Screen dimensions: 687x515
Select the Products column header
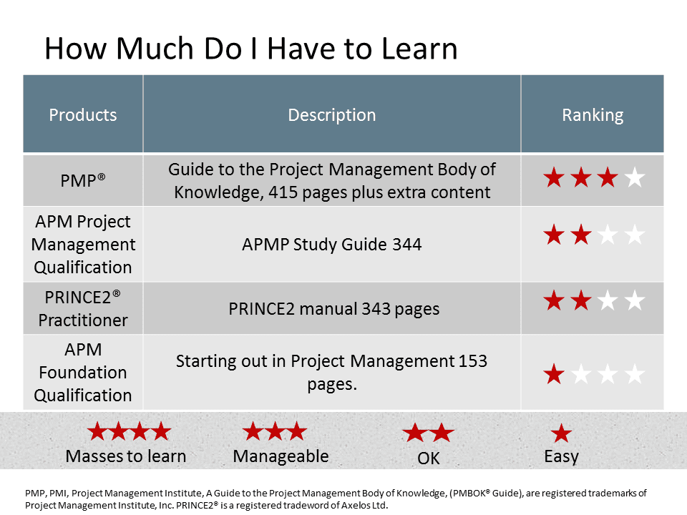[83, 114]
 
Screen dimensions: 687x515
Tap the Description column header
[331, 114]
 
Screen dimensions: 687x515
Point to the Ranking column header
[593, 114]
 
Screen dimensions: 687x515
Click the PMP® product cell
[83, 180]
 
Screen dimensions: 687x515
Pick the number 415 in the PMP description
[283, 192]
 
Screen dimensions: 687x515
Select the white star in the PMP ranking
[635, 178]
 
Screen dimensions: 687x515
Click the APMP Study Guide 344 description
[331, 244]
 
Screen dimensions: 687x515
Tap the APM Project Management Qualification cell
[83, 244]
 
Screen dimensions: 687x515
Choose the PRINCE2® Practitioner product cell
[83, 308]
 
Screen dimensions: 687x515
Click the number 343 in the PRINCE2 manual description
[376, 309]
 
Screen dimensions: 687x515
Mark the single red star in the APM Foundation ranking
[554, 374]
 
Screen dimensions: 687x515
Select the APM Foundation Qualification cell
[83, 372]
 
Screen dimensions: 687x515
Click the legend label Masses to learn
[126, 456]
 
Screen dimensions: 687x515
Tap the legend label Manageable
[281, 456]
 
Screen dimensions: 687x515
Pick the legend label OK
[429, 458]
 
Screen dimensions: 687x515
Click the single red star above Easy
[561, 433]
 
